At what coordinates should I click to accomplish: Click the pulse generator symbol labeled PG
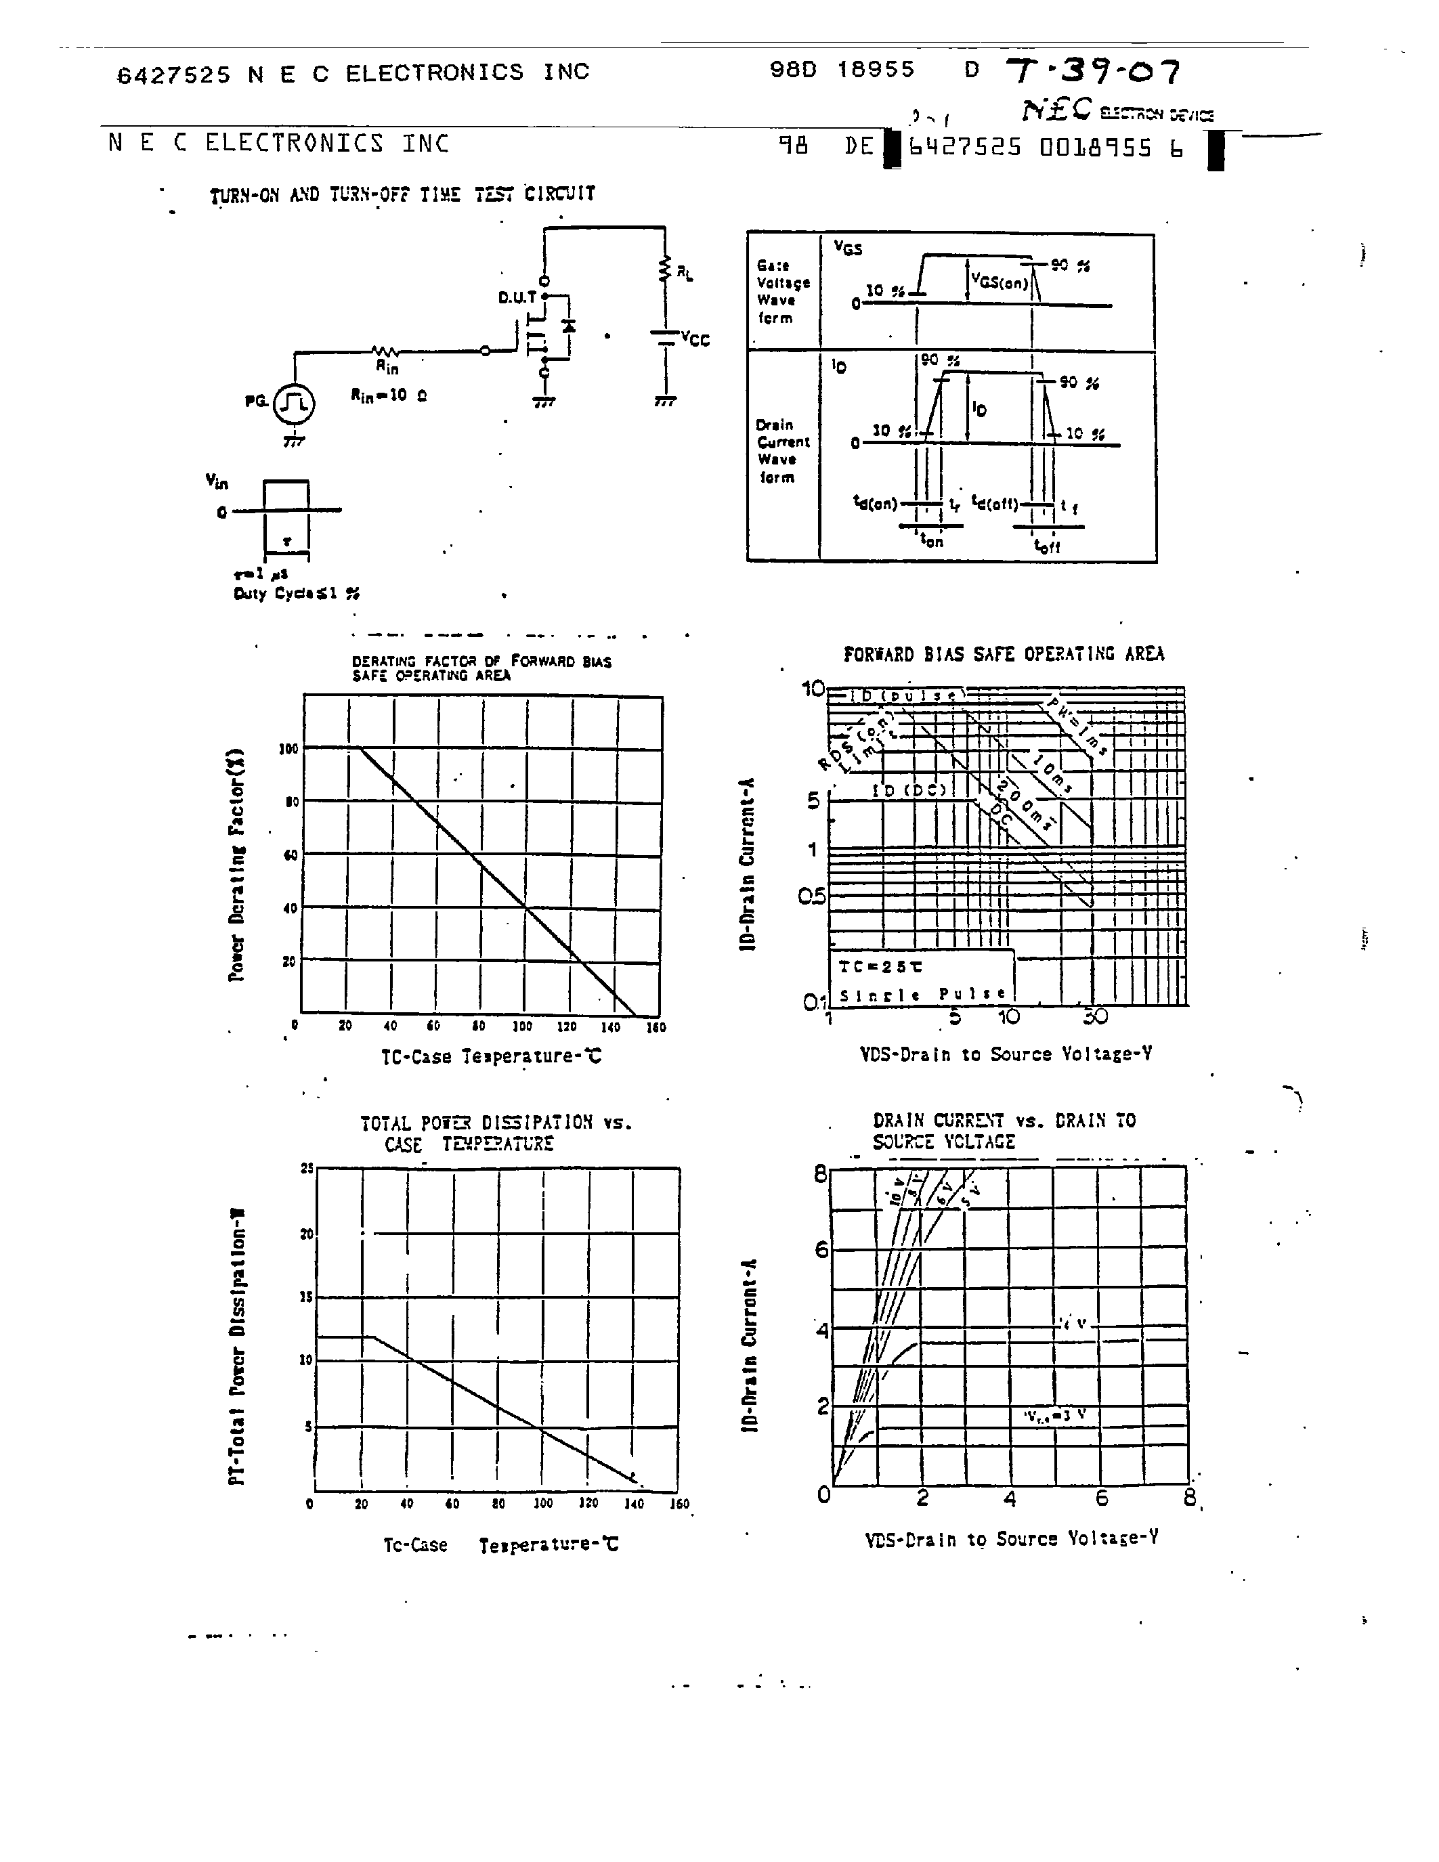coord(294,404)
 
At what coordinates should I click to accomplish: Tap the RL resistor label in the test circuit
coord(685,274)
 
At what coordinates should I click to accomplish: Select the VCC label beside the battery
coord(695,339)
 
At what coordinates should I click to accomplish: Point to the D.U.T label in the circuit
coord(517,297)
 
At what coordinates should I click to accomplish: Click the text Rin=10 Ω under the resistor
coord(389,395)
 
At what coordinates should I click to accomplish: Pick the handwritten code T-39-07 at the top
coord(1094,72)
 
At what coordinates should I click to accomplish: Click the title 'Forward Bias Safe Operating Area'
coord(1004,654)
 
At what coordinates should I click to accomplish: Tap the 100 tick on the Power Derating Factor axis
coord(288,749)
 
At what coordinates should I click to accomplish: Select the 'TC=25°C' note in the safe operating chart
coord(880,967)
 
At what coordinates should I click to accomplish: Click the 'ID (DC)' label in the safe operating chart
coord(908,790)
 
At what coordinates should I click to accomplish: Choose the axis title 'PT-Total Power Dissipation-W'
coord(237,1346)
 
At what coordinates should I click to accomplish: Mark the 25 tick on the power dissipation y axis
coord(307,1169)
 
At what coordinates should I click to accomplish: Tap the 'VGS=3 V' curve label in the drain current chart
coord(1056,1416)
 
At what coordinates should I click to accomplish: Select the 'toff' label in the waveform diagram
coord(1046,546)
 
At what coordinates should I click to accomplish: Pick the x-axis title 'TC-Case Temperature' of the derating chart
coord(490,1056)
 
